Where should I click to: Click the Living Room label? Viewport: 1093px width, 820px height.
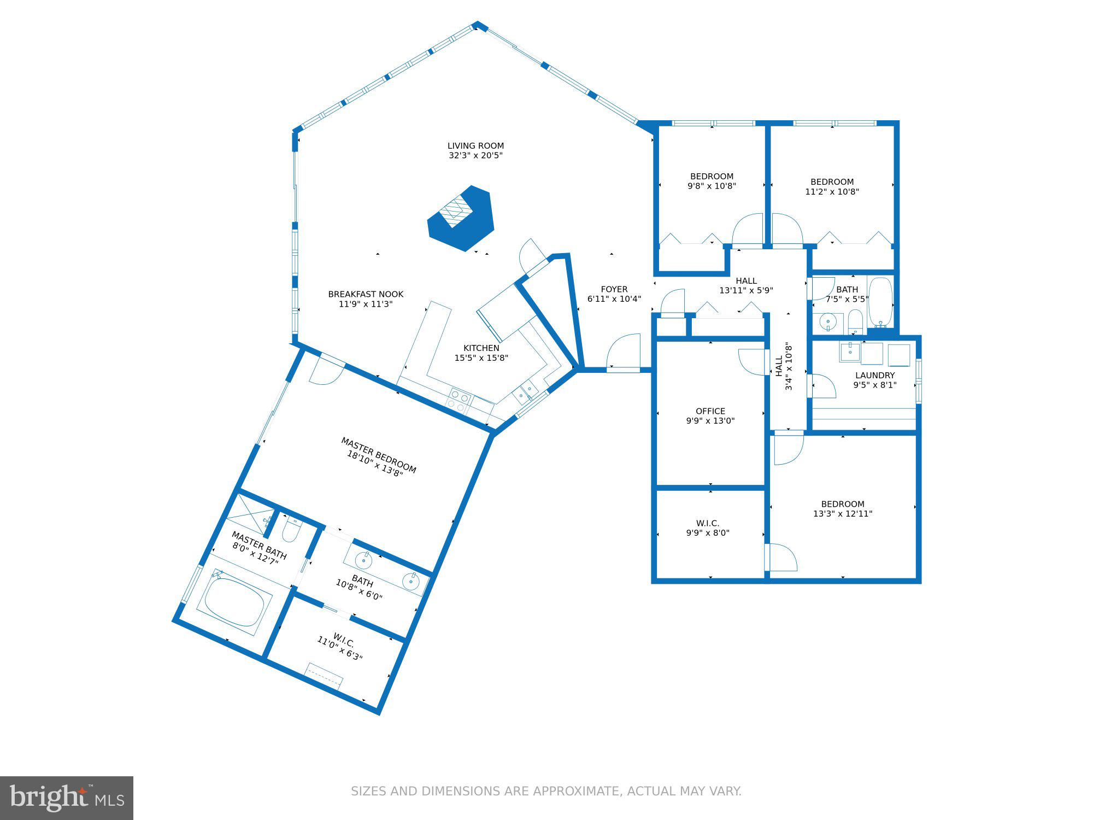[475, 146]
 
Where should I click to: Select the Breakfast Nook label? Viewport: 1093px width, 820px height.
[366, 294]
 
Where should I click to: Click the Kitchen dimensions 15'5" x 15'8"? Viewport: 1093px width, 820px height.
[481, 358]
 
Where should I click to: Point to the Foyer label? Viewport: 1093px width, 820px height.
[614, 289]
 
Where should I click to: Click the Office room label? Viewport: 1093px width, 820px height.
[710, 411]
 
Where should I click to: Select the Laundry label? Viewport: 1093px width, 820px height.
[875, 375]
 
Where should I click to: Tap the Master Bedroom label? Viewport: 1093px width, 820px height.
[379, 455]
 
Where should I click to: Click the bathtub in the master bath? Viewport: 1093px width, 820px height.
[234, 602]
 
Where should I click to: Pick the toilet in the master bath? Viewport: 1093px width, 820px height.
[291, 529]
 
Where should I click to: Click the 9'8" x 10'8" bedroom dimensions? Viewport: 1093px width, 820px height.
[712, 186]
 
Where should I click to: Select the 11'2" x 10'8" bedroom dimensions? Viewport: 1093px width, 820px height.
[832, 192]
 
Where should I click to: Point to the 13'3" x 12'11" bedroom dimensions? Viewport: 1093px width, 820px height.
[843, 514]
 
